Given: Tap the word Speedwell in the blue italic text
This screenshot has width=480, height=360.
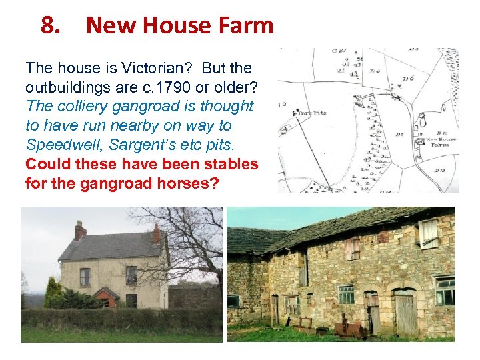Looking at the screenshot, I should [59, 145].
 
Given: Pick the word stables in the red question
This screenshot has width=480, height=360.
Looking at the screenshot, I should [225, 164].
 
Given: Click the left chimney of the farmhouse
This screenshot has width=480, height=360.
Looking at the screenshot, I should [80, 230].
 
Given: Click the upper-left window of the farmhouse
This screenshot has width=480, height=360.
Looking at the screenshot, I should [85, 276].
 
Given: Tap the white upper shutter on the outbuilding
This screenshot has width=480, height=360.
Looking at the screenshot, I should [428, 234].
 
